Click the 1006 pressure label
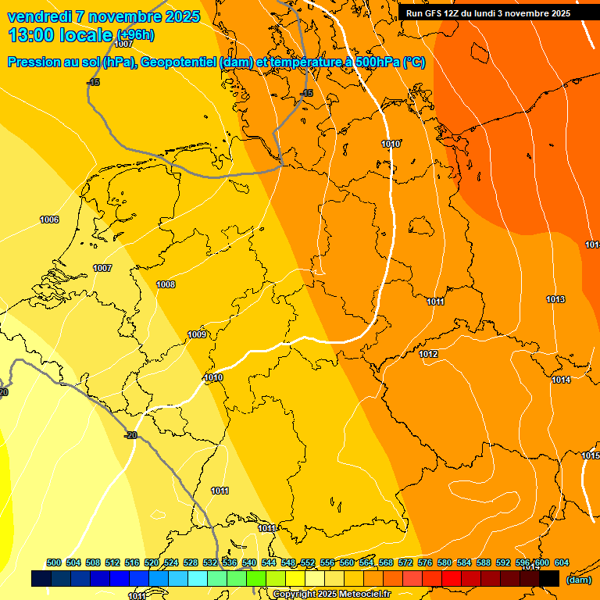coord(49,220)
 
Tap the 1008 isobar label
coord(166,284)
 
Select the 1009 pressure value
coord(197,334)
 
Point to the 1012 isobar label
coord(428,354)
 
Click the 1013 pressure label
coord(555,299)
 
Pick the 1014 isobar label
coord(561,380)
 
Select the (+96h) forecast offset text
coord(135,35)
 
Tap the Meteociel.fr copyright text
coord(332,595)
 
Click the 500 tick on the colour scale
coord(54,562)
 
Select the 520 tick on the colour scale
coord(152,562)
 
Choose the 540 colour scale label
coord(249,562)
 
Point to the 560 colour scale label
coord(347,562)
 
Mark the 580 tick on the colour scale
coord(445,562)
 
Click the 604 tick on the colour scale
coord(562,562)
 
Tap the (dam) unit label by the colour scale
coord(578,580)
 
